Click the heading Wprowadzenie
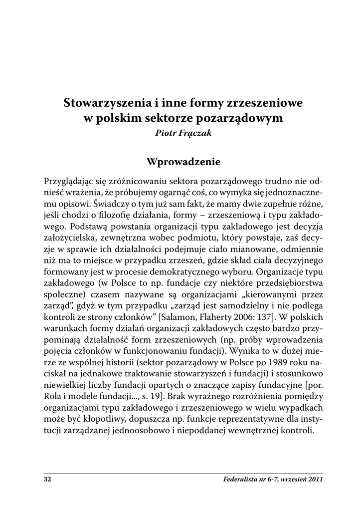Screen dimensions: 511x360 tap(180, 162)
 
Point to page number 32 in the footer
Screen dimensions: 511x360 tap(48, 480)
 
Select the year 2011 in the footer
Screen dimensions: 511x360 tap(314, 480)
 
